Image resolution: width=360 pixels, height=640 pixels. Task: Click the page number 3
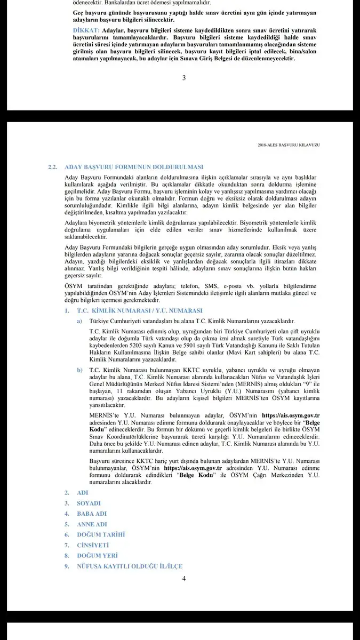click(x=184, y=78)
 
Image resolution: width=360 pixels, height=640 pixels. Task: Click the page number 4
click(x=183, y=578)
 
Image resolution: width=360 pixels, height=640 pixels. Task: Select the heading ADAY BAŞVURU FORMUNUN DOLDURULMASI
click(x=133, y=167)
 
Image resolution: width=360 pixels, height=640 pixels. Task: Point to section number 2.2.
click(x=52, y=167)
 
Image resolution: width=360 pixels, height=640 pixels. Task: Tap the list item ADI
click(x=83, y=493)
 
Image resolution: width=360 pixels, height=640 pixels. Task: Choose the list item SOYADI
click(x=89, y=503)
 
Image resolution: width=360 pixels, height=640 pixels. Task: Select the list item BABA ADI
click(x=92, y=514)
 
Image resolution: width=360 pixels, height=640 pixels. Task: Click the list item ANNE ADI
click(x=92, y=524)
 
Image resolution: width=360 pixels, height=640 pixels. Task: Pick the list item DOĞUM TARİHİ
click(x=101, y=534)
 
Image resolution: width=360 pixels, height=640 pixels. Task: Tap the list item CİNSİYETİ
click(x=93, y=545)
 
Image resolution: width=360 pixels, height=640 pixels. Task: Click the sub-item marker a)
click(x=79, y=321)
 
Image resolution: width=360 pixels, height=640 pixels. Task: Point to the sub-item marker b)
click(x=79, y=370)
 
